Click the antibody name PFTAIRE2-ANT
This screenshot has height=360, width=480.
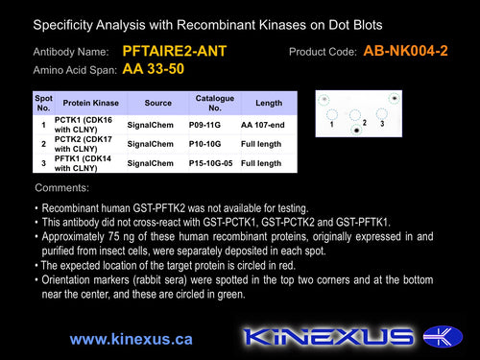coord(175,51)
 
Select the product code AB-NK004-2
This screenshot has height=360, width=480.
coord(405,51)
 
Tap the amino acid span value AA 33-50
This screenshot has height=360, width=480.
coord(154,69)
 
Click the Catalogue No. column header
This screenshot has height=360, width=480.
coord(215,103)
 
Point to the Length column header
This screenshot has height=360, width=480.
coord(269,103)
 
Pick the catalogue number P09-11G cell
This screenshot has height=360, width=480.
coord(204,125)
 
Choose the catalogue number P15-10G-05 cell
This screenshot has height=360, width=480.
coord(210,163)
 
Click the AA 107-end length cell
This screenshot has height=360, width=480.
coord(263,125)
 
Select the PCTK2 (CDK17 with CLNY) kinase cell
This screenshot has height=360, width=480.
coord(84,144)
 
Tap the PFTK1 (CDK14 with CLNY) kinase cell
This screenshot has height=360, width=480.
coord(83,163)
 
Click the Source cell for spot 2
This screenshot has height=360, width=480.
coord(151,144)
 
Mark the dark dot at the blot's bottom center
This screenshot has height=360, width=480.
coord(356,130)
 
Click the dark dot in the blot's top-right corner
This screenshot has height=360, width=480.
coord(395,98)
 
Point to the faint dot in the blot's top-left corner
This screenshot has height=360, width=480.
coord(324,100)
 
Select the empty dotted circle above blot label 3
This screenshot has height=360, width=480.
coord(382,113)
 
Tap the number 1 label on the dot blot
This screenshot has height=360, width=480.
coord(331,124)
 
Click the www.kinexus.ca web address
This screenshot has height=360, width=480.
coord(132,339)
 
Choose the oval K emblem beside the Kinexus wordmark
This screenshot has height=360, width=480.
coord(443,336)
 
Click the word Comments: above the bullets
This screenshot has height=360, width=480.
coord(62,187)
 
